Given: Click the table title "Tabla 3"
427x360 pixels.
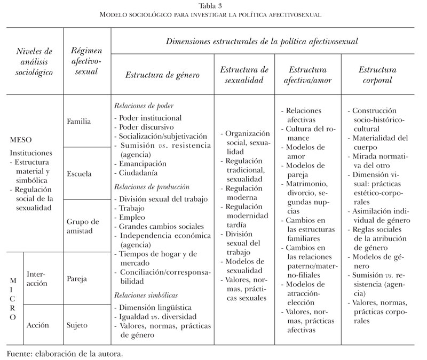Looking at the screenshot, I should point(213,6).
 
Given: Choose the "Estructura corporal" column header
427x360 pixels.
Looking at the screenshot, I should point(377,75).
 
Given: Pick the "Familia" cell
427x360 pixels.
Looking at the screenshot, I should point(79,121).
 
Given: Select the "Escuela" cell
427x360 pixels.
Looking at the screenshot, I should point(80,174).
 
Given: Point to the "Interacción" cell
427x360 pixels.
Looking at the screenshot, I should point(41,278).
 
